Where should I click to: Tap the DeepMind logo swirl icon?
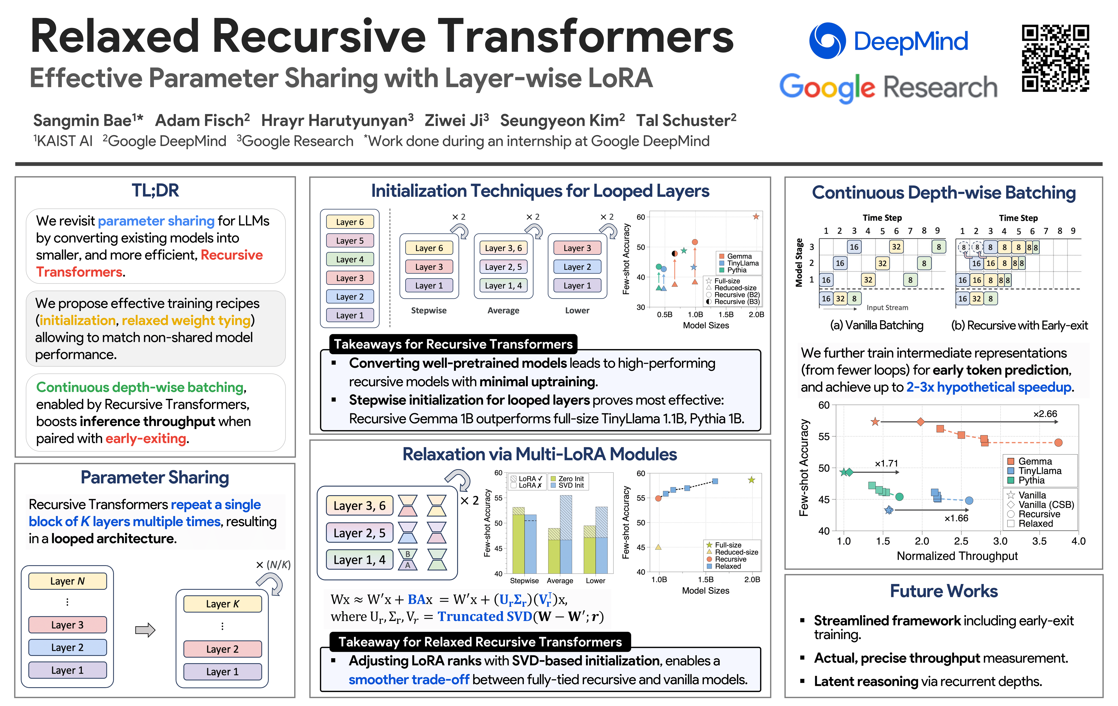click(827, 41)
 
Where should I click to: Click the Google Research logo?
click(888, 87)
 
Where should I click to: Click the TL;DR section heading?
click(155, 190)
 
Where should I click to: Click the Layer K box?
click(222, 604)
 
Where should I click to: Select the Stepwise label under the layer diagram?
click(429, 310)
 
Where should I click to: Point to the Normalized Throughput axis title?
click(957, 556)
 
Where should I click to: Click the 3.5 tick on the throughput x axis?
click(1039, 541)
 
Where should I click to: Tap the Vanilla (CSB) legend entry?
click(1046, 504)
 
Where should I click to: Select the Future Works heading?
click(943, 591)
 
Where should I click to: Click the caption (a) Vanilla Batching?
click(876, 325)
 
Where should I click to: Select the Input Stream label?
click(887, 307)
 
